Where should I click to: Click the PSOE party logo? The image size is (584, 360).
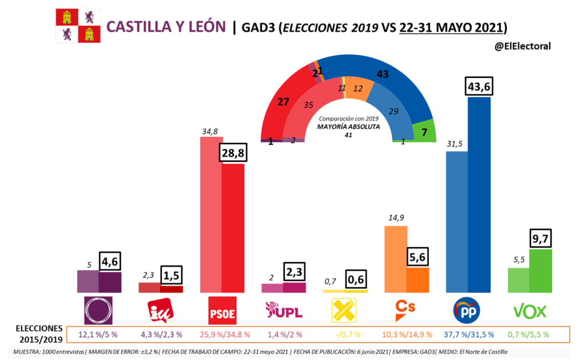tap(222, 310)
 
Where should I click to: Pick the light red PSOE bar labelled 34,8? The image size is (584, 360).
tap(211, 215)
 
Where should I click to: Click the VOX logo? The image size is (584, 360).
tap(530, 311)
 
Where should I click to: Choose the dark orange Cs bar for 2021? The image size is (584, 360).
tap(418, 279)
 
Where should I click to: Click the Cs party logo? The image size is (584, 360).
tap(405, 310)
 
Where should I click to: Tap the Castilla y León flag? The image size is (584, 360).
tap(78, 26)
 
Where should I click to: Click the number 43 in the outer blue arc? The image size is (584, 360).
tap(383, 74)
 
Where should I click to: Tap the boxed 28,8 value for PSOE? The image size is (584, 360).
tap(233, 153)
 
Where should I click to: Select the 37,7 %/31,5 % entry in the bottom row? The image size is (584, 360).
tap(469, 334)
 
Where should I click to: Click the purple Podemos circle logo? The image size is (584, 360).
tap(99, 310)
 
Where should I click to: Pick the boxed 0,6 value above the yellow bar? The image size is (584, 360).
tap(357, 279)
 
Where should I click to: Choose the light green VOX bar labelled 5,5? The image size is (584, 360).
tap(518, 280)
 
